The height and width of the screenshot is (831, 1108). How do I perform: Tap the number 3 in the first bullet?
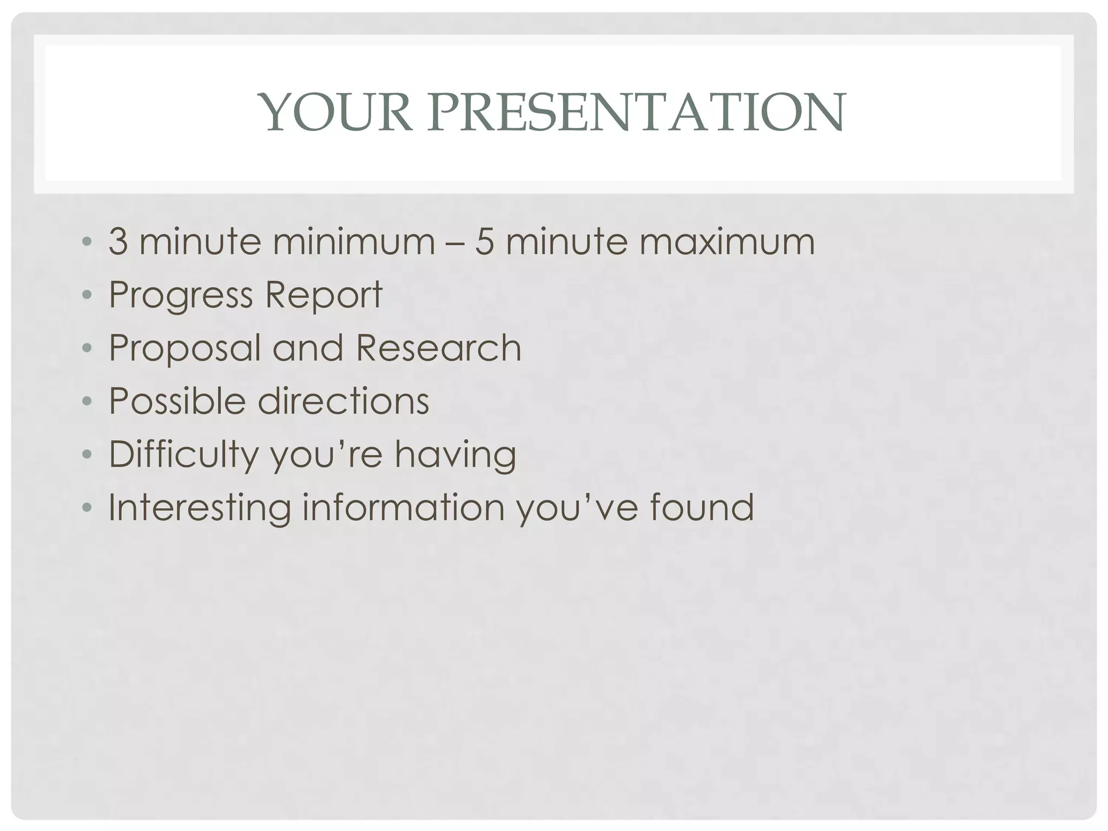[118, 241]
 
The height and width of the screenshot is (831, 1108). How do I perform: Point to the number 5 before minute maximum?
[485, 241]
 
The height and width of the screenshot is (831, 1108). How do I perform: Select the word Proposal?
[184, 348]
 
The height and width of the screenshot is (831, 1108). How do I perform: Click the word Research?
[438, 348]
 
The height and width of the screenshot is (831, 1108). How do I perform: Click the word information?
[403, 507]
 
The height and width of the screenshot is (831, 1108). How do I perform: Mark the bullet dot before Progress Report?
[87, 295]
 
